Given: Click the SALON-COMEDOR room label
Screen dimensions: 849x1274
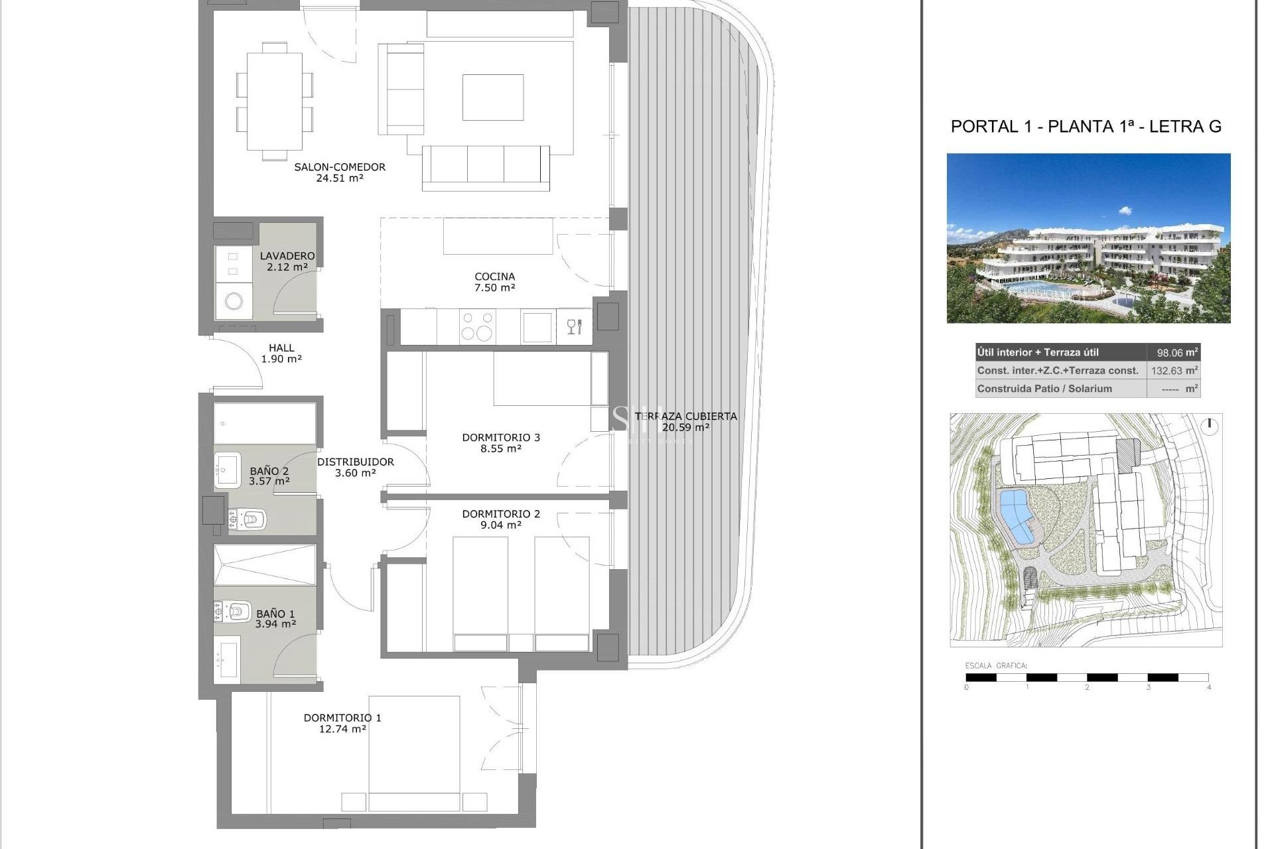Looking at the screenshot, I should coord(340,167).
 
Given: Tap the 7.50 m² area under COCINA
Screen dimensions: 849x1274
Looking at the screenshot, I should coord(494,288).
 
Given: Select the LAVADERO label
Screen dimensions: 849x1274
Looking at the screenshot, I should coord(287,256).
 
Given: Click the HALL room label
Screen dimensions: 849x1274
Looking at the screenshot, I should coord(281,348).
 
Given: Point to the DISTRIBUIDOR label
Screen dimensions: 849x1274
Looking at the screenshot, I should coord(355,462).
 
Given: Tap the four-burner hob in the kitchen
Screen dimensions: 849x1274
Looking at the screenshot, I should coord(477,326).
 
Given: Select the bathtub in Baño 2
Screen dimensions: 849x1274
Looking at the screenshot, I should coord(264,423).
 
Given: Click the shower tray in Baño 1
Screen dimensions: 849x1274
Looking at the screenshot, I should coord(264,565).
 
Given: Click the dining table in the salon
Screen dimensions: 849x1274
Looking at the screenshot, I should coord(275,101).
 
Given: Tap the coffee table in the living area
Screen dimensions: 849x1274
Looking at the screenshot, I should coord(492,97).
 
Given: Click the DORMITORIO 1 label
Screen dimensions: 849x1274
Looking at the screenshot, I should coord(342,718).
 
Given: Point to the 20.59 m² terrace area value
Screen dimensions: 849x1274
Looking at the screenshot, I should coord(685,428).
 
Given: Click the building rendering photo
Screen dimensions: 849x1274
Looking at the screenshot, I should coord(1088,238).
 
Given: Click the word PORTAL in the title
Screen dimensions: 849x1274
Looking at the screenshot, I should coord(983,127).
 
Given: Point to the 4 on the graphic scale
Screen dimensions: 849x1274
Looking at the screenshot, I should coord(1208,687).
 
